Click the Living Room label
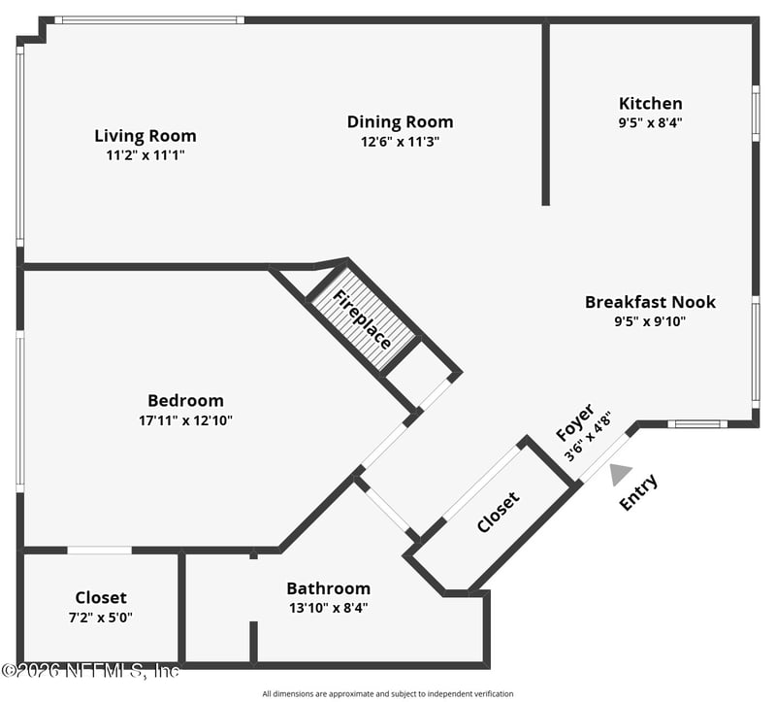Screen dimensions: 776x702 point(145,136)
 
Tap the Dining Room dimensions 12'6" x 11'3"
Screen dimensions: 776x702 point(401,142)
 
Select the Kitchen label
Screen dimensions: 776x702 point(650,104)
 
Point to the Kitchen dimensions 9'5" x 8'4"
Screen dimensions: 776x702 point(650,123)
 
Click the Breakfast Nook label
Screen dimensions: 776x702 point(650,302)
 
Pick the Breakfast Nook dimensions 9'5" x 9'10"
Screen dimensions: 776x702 point(650,322)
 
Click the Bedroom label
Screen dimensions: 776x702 point(185,400)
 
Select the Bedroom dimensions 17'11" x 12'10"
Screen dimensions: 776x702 point(185,420)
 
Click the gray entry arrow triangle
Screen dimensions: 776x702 point(619,474)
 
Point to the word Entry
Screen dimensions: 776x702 point(639,492)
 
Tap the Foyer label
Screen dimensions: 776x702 point(574,422)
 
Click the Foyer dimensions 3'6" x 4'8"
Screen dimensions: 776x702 point(588,437)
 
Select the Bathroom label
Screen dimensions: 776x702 point(329,588)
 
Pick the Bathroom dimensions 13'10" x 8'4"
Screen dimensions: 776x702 point(329,608)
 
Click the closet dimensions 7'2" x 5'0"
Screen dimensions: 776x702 point(101,618)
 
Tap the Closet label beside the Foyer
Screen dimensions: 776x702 point(499,512)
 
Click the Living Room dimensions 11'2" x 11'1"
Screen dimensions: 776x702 point(145,155)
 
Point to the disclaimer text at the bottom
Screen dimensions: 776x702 point(388,694)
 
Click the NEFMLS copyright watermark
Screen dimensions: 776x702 point(90,671)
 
